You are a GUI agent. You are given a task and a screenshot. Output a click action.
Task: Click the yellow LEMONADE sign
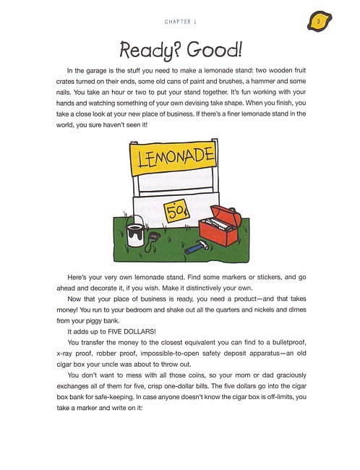[172, 158]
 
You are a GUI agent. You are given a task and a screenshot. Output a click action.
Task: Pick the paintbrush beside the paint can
[154, 236]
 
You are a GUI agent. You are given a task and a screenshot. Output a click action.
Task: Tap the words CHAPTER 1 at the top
[181, 22]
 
